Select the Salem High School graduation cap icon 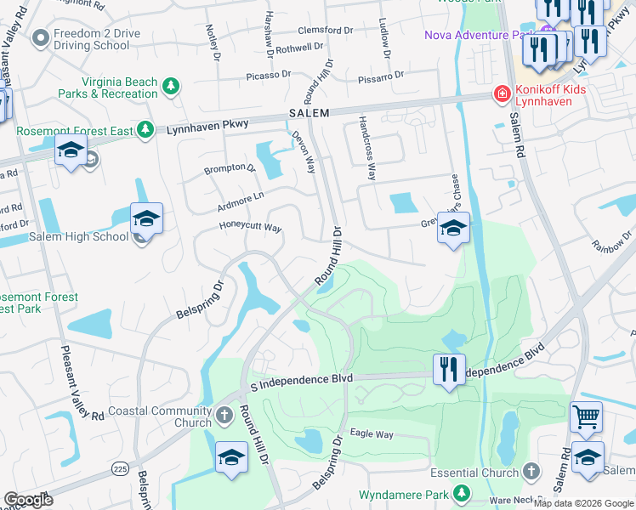point(146,220)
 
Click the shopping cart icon point(586,416)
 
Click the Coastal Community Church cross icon point(224,416)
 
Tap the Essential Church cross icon point(531,472)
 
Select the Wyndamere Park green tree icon point(461,493)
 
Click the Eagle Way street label point(371,434)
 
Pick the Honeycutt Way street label point(250,228)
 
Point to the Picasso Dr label point(269,75)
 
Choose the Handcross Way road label point(366,148)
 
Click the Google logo point(28,500)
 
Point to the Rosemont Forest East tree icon point(145,129)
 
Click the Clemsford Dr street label point(326,31)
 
